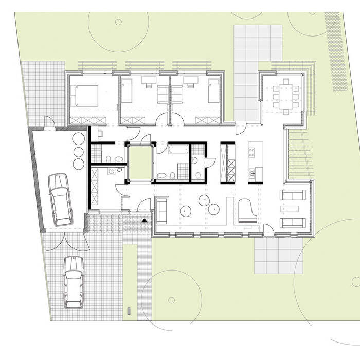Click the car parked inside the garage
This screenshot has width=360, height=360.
[60, 199]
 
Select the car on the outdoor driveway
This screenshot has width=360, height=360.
[73, 281]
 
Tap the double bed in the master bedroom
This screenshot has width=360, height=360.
[86, 96]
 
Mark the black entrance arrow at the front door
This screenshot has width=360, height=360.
[145, 220]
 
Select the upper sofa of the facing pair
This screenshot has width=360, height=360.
[293, 195]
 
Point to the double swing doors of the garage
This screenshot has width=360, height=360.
[65, 242]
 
